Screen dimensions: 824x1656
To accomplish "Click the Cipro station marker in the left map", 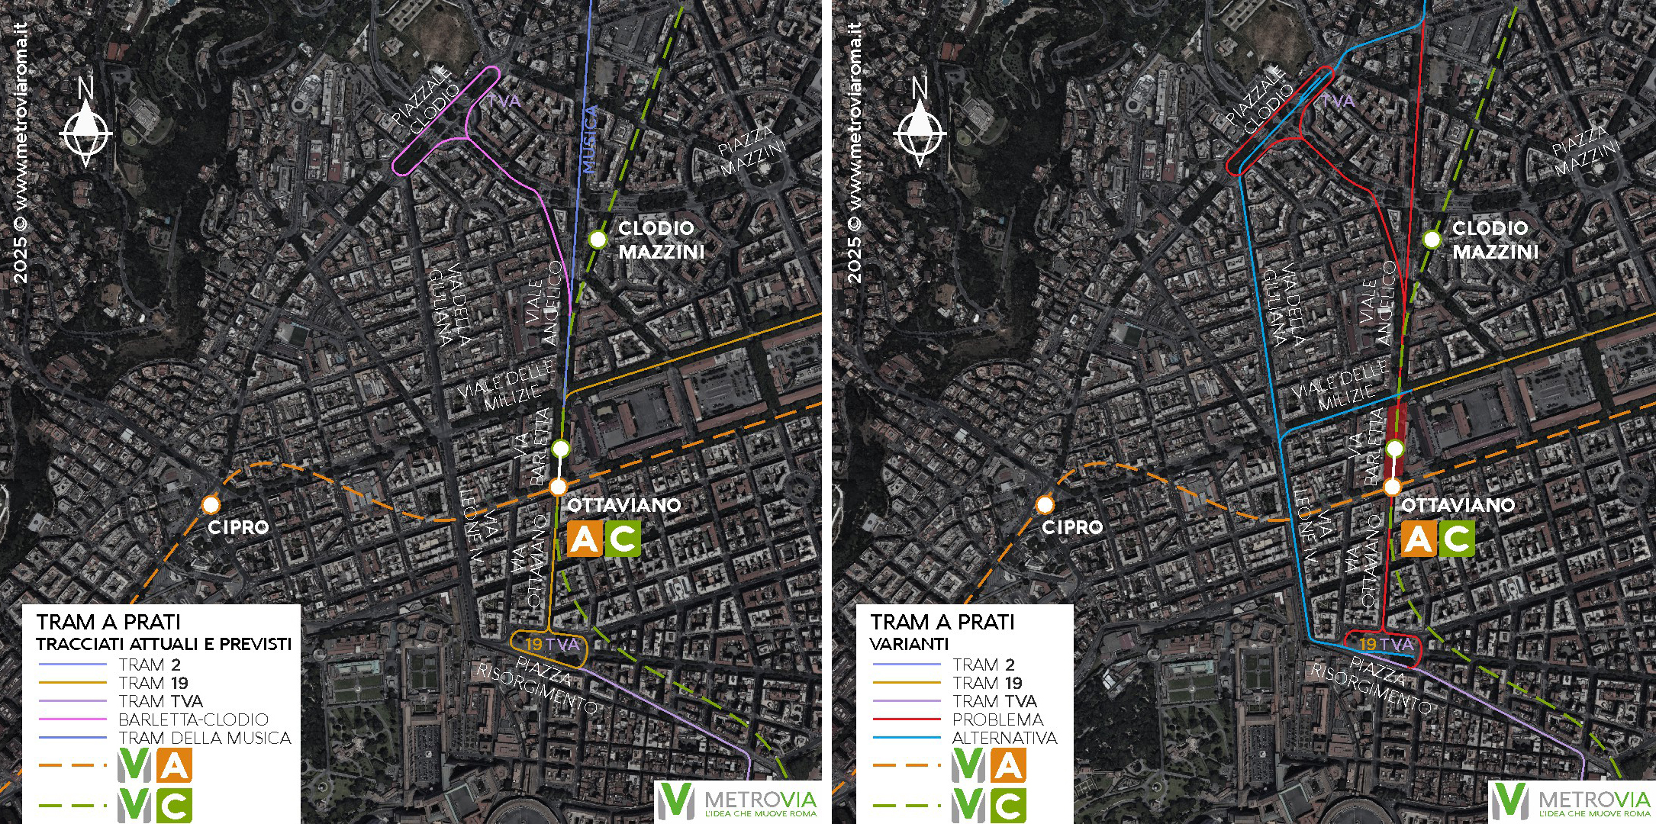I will coord(211,504).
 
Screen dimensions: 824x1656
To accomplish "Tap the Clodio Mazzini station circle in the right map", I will coord(1432,240).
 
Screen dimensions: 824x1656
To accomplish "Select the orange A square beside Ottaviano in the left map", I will coord(585,539).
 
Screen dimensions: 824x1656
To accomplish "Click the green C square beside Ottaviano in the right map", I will coord(1457,539).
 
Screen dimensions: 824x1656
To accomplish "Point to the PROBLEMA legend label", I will coord(997,719).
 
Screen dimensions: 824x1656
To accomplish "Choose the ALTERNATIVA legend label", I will coord(1004,738).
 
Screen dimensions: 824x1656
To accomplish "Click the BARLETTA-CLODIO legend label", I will coord(193,719).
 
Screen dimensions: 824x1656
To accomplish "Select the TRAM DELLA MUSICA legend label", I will coord(205,738).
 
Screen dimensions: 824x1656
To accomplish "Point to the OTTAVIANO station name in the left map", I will coord(623,505).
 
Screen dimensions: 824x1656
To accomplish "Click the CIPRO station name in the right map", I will coord(1072,527).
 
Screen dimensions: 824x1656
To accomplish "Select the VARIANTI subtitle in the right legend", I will coord(908,644).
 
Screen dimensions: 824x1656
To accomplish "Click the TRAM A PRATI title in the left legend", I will coord(108,622).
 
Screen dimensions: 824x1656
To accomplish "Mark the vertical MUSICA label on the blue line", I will coord(589,140).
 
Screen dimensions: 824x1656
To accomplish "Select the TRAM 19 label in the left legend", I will coord(153,683).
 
